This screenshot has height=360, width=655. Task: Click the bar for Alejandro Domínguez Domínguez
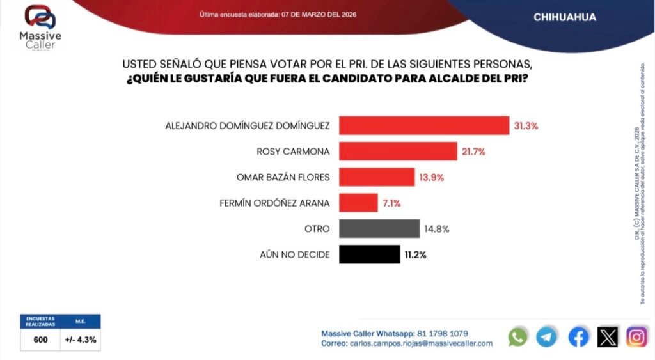(423, 125)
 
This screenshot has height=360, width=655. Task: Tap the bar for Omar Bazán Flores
(376, 176)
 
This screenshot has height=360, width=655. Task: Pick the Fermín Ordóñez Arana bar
(358, 203)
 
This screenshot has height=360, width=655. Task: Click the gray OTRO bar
(379, 228)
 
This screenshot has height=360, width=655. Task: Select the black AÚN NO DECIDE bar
(369, 254)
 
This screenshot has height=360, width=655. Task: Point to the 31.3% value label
(526, 125)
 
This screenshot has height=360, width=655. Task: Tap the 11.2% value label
(415, 254)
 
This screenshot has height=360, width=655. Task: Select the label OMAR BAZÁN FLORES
(284, 177)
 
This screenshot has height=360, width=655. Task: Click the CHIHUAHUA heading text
(564, 18)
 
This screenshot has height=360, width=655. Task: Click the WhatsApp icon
(517, 336)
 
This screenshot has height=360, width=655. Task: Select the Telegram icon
(546, 336)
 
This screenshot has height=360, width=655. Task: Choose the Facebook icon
(578, 336)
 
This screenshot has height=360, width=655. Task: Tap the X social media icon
(608, 336)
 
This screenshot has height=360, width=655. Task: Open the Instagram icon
(636, 336)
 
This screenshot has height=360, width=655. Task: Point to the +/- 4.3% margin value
(81, 340)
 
